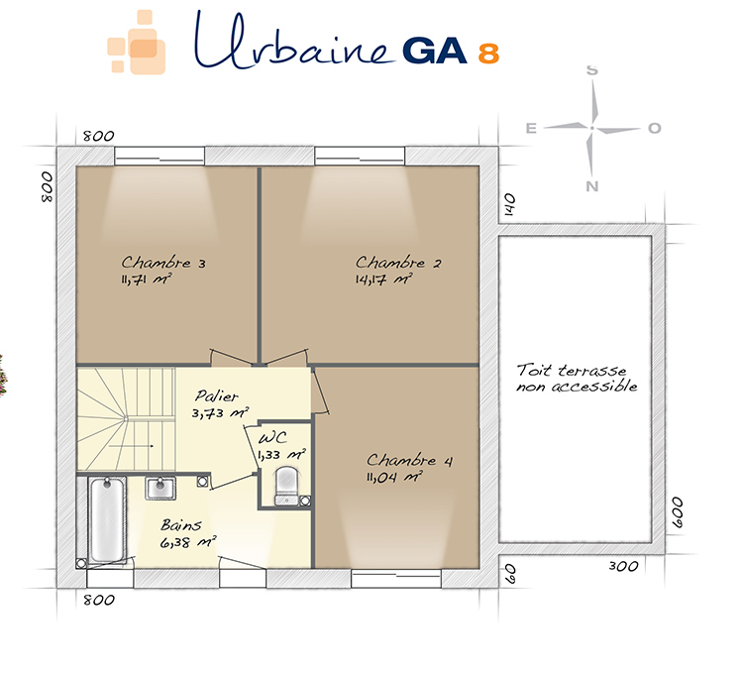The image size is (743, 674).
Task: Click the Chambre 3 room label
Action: click(x=163, y=263)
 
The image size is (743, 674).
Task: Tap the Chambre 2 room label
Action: click(x=398, y=263)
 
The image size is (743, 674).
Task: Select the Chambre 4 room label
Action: click(x=410, y=460)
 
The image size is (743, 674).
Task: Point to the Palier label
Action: click(x=217, y=395)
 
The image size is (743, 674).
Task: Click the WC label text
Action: click(x=272, y=438)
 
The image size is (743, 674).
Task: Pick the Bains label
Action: click(x=181, y=524)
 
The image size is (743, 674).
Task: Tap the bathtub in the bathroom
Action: click(x=108, y=520)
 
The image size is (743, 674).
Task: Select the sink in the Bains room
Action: click(x=160, y=489)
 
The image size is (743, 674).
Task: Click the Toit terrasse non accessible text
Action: click(x=578, y=379)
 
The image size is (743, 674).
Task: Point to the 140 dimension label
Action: click(x=509, y=204)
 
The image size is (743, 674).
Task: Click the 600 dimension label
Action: click(x=678, y=512)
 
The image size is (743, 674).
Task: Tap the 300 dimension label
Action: click(x=623, y=566)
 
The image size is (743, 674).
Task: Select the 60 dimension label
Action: click(x=509, y=574)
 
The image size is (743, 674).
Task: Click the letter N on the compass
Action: click(x=591, y=186)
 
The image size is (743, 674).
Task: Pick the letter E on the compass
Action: click(x=531, y=128)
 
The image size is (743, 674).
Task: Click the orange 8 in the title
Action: click(x=488, y=54)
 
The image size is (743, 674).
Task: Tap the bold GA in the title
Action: click(x=435, y=51)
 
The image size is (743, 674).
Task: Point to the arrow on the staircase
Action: click(x=131, y=446)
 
